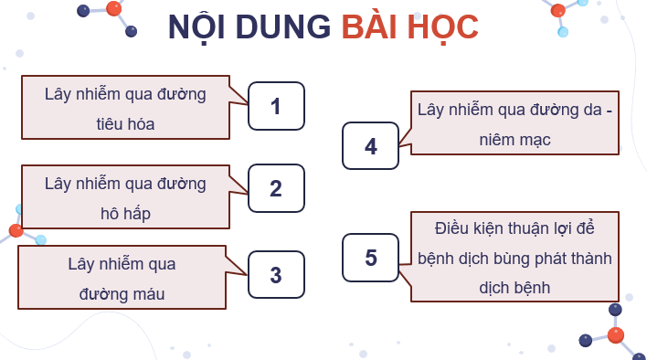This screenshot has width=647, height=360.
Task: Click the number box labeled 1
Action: [x=276, y=106]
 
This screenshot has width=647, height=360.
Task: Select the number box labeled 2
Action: [x=276, y=189]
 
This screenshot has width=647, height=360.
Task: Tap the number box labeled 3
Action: [x=276, y=275]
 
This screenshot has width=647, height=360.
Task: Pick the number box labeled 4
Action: [x=370, y=146]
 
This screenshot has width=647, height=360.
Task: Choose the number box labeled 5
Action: [x=370, y=258]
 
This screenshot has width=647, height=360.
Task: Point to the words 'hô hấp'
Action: [x=125, y=213]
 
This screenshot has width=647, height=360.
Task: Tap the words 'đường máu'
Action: [x=122, y=294]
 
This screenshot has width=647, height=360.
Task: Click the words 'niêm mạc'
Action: [x=514, y=140]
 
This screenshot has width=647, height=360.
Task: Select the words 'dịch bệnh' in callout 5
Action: [x=514, y=287]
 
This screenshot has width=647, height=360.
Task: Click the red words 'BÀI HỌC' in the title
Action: [x=409, y=28]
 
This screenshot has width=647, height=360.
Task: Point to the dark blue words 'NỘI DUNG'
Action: [x=249, y=28]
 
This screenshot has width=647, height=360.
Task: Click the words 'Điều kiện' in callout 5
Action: [x=465, y=228]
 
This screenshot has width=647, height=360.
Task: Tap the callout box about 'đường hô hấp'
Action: [x=125, y=197]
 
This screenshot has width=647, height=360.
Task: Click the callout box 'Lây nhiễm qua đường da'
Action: [x=514, y=123]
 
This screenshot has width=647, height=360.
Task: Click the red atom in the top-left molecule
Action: [x=113, y=8]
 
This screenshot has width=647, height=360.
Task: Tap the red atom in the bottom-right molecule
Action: [x=616, y=335]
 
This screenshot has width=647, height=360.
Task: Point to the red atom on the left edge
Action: [x=16, y=231]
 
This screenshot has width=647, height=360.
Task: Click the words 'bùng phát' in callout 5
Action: [x=525, y=258]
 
